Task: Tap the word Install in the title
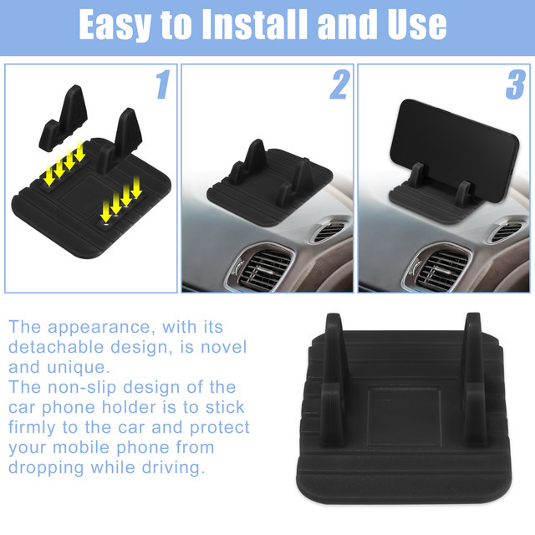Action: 255,24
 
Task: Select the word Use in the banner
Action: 417,24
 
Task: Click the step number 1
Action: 163,84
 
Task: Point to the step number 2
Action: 339,84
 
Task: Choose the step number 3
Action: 515,84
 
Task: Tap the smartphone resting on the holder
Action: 454,150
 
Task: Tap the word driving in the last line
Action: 173,467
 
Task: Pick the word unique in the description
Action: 79,368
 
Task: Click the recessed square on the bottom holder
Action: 404,416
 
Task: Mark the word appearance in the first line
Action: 99,327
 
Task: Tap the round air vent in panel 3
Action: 506,231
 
